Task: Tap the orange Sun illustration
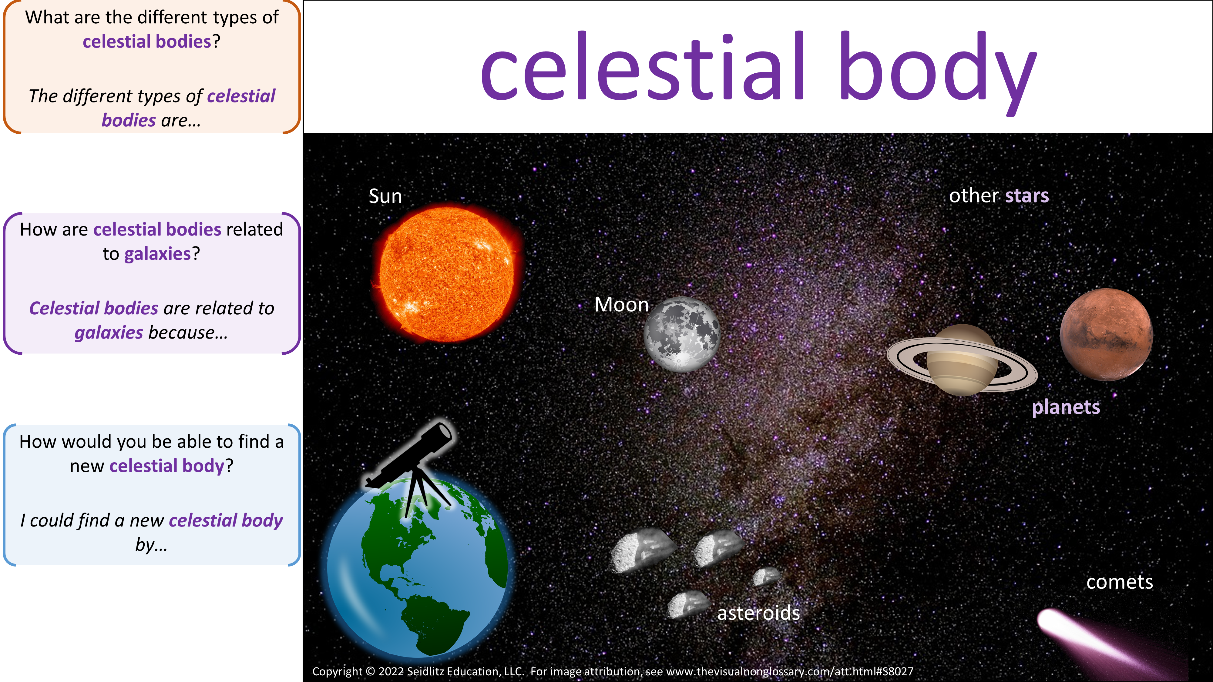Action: pyautogui.click(x=446, y=274)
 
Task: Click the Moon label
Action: pyautogui.click(x=622, y=305)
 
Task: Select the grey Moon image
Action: pyautogui.click(x=682, y=334)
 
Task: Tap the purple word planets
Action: pyautogui.click(x=1066, y=407)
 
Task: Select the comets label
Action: pyautogui.click(x=1120, y=582)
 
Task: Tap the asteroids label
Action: pyautogui.click(x=758, y=613)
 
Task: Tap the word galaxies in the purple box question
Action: pyautogui.click(x=157, y=254)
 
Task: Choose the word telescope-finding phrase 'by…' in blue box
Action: pyautogui.click(x=151, y=545)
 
